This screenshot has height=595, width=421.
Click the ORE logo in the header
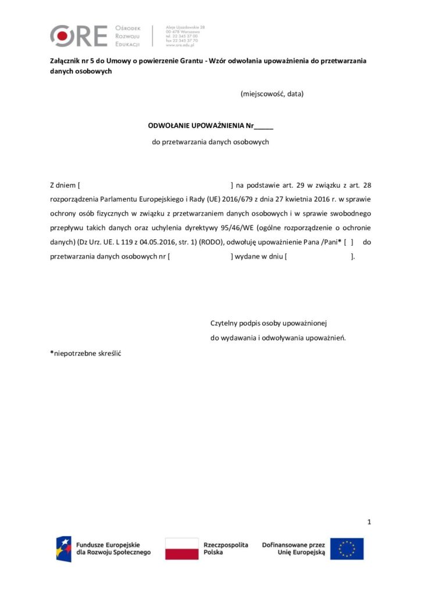(79, 36)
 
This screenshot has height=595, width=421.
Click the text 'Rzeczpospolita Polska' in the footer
(226, 549)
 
